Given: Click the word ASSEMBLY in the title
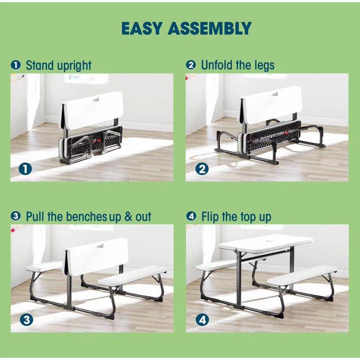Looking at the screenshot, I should (209, 28).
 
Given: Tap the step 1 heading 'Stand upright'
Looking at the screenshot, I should (58, 65).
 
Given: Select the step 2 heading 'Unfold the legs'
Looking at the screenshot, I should (237, 65).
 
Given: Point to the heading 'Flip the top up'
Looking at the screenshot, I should (236, 216).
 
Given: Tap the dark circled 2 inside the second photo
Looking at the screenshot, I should (202, 169).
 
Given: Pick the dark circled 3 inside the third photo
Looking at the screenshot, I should (27, 320).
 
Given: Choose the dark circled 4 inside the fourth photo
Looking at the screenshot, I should (202, 320).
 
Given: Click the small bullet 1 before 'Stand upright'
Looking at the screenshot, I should (17, 66).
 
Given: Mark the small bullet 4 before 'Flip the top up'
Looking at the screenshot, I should (192, 217).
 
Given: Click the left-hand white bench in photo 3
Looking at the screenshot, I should (43, 267).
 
